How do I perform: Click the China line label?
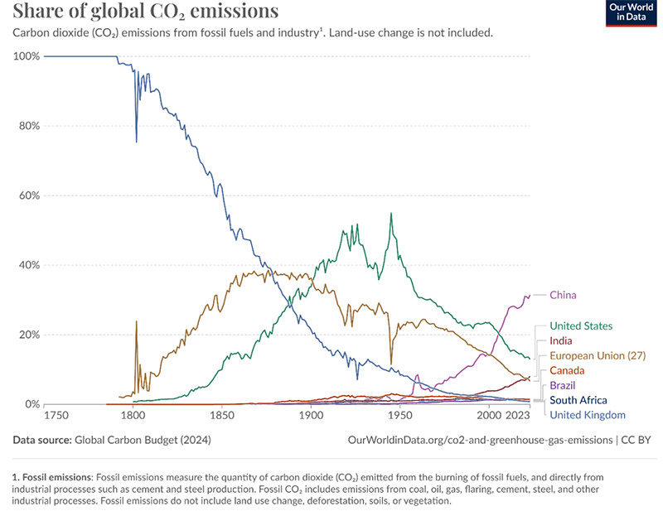(563, 295)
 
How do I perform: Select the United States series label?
(581, 326)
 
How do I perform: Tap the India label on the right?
(561, 340)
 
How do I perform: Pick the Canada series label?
(568, 370)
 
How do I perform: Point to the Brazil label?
(563, 385)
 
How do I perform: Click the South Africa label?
(578, 400)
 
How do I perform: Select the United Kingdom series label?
(587, 415)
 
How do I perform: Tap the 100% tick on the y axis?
(27, 56)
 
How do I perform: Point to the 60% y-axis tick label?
(29, 195)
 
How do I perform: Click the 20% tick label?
(29, 335)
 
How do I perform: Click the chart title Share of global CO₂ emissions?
(145, 12)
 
